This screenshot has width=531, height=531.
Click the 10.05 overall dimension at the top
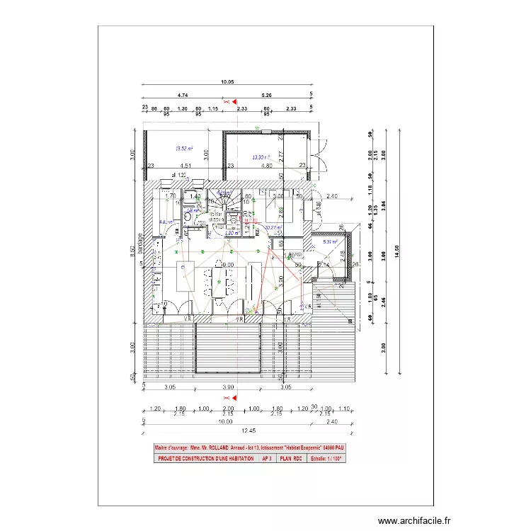[x=227, y=82]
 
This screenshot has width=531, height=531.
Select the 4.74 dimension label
[x=183, y=94]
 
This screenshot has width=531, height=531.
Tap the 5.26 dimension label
[x=267, y=94]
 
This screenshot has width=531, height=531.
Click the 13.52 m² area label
[x=184, y=149]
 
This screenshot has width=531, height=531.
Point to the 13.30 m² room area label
[x=262, y=157]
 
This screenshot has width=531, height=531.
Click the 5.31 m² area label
[x=331, y=242]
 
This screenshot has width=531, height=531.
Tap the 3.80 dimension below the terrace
[x=228, y=387]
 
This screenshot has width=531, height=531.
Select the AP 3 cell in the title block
[x=267, y=459]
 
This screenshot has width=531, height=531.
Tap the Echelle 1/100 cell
[x=326, y=459]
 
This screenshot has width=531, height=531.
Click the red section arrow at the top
[x=235, y=102]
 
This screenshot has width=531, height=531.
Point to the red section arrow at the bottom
[x=234, y=397]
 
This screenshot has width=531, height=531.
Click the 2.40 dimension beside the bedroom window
[x=333, y=196]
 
